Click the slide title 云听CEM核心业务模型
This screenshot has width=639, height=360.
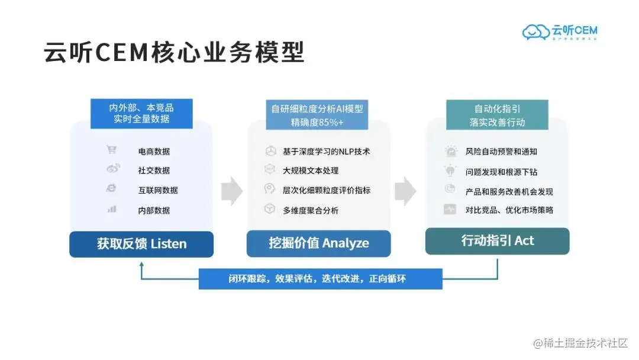(x=174, y=52)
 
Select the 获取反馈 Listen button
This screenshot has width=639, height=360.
(x=141, y=244)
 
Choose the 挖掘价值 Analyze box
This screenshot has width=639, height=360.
(x=318, y=243)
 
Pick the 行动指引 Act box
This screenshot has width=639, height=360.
(x=497, y=241)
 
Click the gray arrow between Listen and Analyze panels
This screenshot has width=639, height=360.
(x=231, y=191)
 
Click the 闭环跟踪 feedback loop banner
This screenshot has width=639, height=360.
(x=320, y=279)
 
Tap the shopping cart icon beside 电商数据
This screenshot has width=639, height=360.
(x=111, y=150)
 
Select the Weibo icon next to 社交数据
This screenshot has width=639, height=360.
(x=112, y=169)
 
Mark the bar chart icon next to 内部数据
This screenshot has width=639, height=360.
(x=112, y=209)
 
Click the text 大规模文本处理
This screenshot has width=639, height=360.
(x=311, y=171)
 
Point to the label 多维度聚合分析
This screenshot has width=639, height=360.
(x=311, y=210)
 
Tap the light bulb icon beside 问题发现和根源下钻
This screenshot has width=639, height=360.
(x=450, y=171)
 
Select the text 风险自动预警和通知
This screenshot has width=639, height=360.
(x=501, y=152)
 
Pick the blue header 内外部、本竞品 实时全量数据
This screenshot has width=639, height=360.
(x=141, y=113)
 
